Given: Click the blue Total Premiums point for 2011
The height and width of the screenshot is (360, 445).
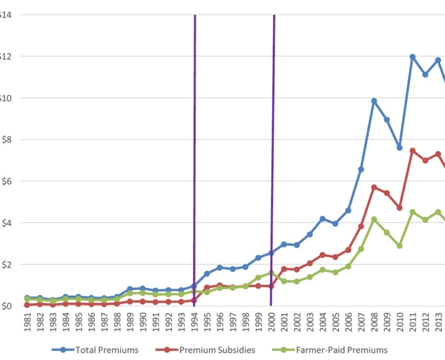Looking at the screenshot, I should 412,57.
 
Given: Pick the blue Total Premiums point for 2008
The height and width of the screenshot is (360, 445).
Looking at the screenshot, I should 374,101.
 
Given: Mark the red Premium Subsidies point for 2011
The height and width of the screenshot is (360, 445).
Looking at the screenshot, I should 412,151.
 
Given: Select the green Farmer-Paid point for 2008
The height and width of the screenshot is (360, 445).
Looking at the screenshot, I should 374,219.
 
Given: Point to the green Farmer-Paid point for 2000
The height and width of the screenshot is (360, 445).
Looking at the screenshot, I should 271,273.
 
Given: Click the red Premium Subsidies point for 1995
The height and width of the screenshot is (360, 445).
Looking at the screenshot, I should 207,287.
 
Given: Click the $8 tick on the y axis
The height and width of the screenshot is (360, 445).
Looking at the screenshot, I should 6,139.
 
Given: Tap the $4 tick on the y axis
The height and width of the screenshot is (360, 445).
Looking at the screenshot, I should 6,223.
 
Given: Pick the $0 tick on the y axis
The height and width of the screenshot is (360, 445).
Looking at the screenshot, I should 6,306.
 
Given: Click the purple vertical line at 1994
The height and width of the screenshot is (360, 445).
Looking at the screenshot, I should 195,158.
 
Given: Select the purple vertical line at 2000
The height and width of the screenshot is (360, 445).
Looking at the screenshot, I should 273,158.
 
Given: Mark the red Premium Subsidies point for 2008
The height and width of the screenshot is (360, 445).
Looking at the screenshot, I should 374,187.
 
